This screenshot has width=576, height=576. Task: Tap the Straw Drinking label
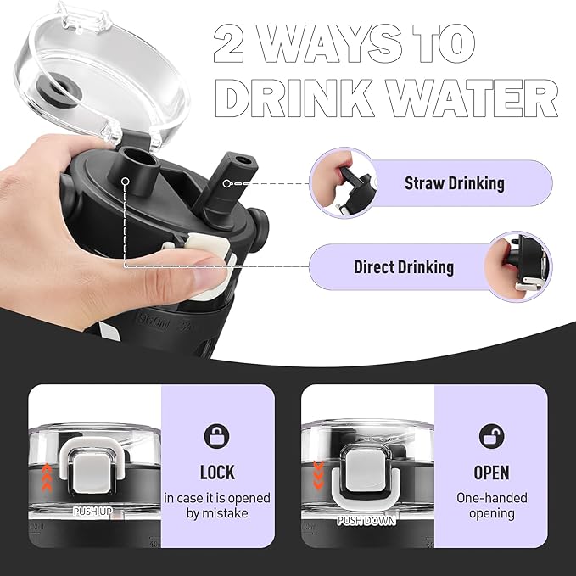pyautogui.click(x=454, y=183)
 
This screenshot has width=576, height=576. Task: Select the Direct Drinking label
pyautogui.click(x=403, y=267)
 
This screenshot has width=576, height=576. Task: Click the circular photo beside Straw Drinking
pyautogui.click(x=343, y=182)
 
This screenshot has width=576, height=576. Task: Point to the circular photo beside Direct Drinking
pyautogui.click(x=518, y=266)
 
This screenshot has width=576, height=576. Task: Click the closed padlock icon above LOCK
pyautogui.click(x=216, y=436)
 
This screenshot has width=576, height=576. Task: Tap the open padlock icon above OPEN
pyautogui.click(x=491, y=436)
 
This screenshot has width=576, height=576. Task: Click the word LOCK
pyautogui.click(x=217, y=473)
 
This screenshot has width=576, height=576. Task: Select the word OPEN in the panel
pyautogui.click(x=491, y=473)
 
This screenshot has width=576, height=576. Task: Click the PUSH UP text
pyautogui.click(x=92, y=511)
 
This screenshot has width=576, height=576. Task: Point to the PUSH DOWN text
pyautogui.click(x=366, y=521)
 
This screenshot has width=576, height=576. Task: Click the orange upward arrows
pyautogui.click(x=47, y=478)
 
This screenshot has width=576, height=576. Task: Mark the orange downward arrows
pyautogui.click(x=318, y=475)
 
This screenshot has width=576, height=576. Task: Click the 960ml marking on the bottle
pyautogui.click(x=152, y=323)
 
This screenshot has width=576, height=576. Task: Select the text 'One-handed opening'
pyautogui.click(x=491, y=506)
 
